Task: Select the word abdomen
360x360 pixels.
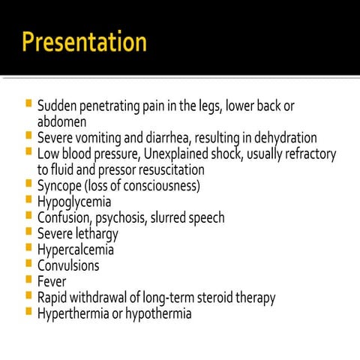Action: tap(61, 121)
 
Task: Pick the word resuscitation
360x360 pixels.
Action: tap(168, 169)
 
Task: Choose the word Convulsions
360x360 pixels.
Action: tap(68, 265)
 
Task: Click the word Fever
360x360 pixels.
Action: tap(51, 281)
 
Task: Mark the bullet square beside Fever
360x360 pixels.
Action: tap(28, 280)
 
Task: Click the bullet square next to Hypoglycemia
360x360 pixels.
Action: tap(28, 200)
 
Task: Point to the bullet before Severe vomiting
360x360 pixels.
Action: tap(28, 136)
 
